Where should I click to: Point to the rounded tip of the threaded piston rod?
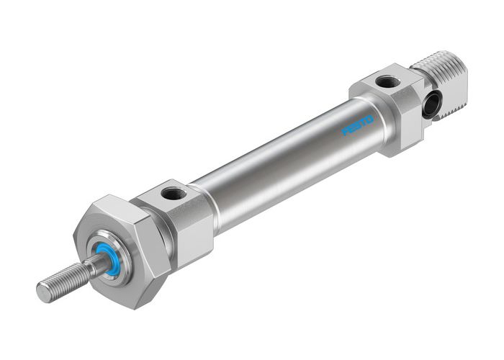pos(42,292)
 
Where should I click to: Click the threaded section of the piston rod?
pos(65,282)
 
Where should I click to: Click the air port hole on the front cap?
pos(173,193)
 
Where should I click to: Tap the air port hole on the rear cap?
pos(387,82)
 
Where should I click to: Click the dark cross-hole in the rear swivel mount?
pos(431,106)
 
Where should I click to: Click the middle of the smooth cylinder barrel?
pos(288,166)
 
